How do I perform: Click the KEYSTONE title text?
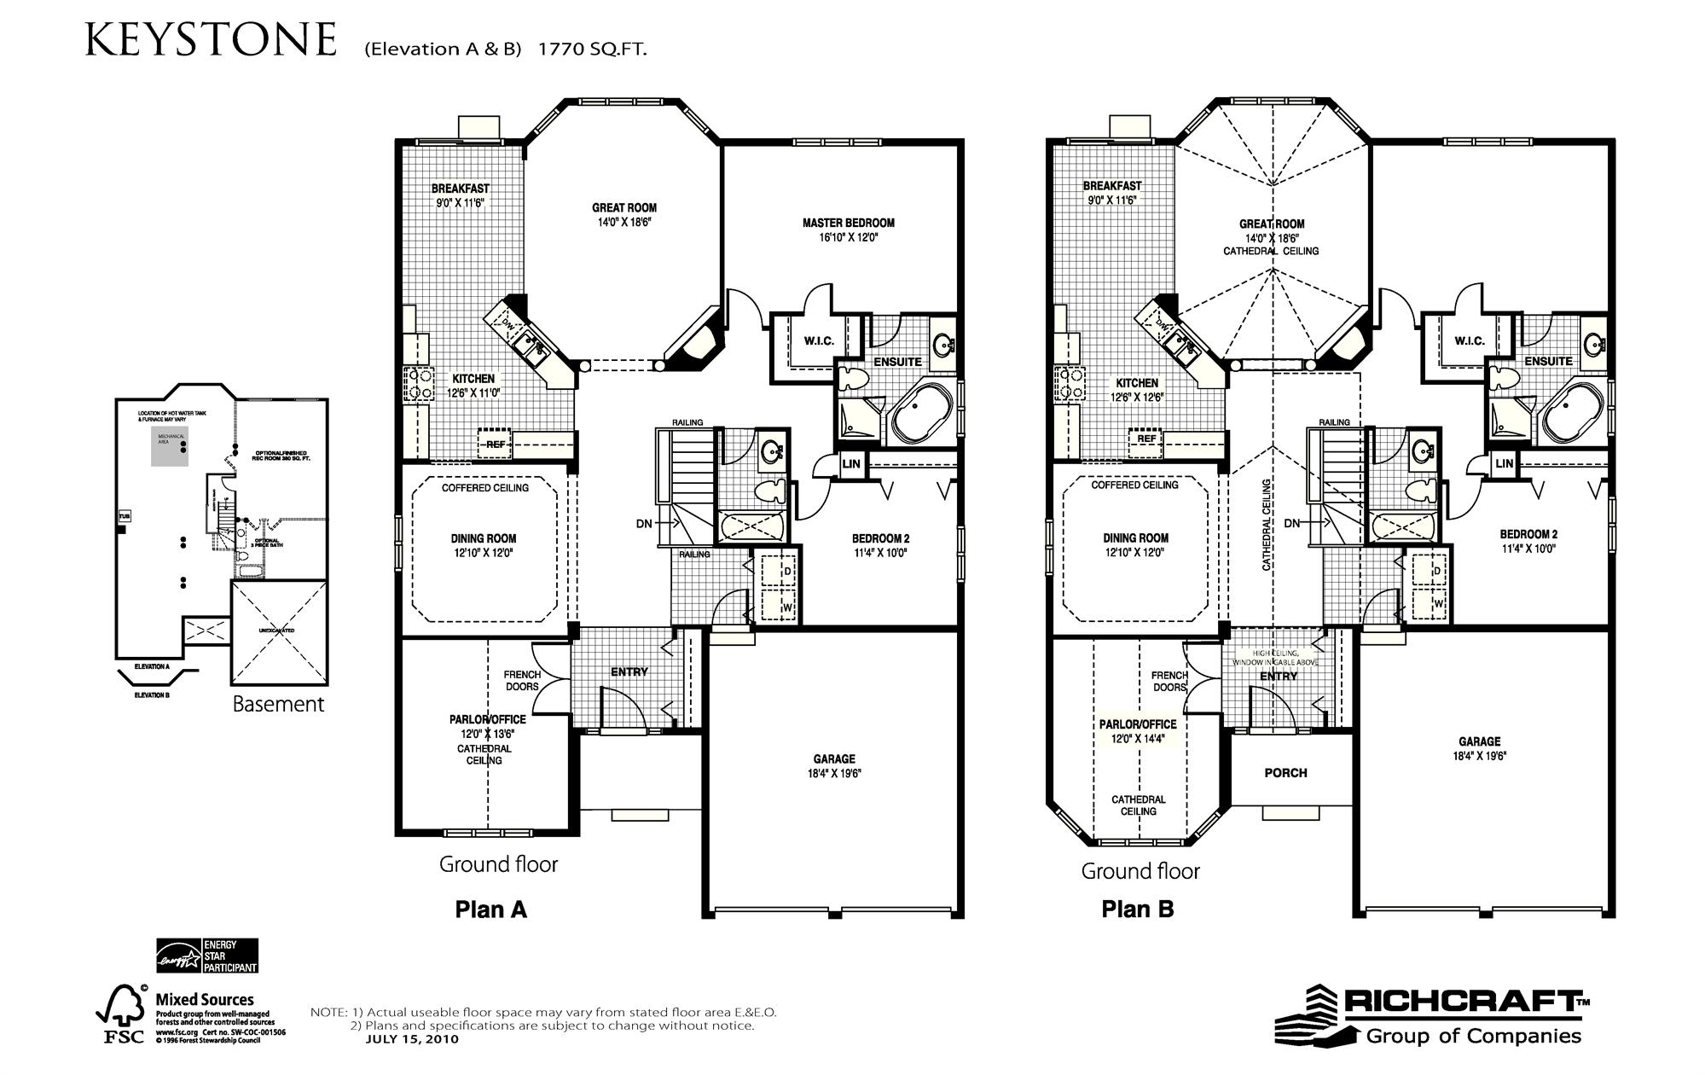[x=211, y=40]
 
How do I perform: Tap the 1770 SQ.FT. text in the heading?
[x=592, y=49]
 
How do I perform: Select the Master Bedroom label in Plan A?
[x=848, y=224]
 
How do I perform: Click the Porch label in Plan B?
[x=1285, y=773]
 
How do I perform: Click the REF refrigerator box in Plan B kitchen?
[x=1146, y=439]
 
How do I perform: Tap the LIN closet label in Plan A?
[x=851, y=464]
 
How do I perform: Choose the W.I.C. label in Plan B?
[x=1470, y=340]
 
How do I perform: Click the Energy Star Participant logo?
[x=206, y=956]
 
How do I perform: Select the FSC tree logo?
[x=121, y=1014]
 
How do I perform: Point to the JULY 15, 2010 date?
[x=412, y=1039]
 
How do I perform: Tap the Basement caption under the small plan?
[x=278, y=704]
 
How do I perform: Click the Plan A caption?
[x=490, y=909]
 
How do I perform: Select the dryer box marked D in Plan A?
[x=786, y=570]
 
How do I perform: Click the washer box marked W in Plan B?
[x=1438, y=603]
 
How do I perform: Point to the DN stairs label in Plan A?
[x=644, y=523]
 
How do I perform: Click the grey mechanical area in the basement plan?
[x=170, y=447]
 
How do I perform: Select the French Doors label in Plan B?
[x=1169, y=681]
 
